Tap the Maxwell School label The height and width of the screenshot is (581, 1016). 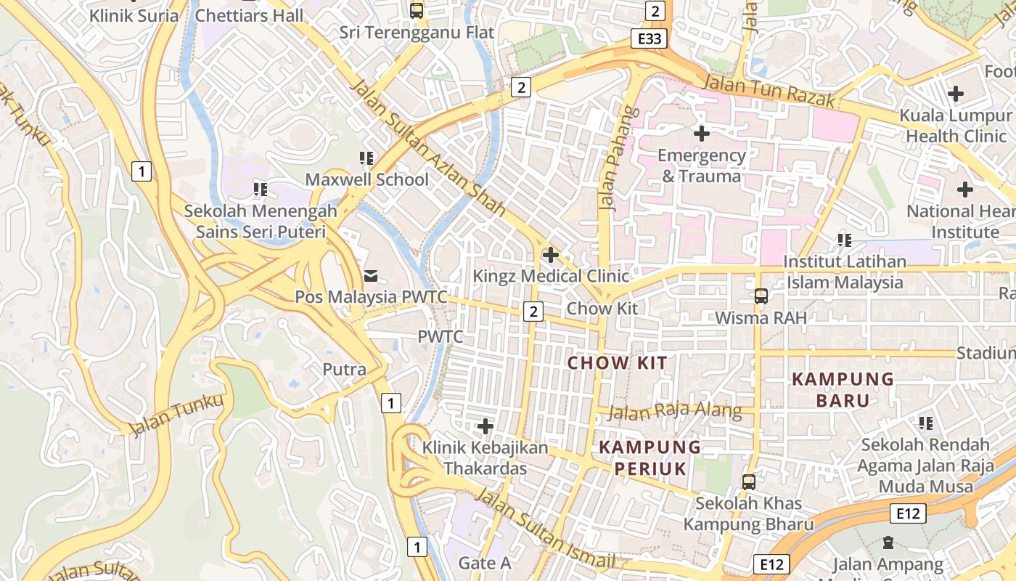point(366,179)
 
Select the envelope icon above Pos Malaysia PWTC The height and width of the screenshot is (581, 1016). point(371,275)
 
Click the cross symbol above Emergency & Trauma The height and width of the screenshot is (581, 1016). point(701,134)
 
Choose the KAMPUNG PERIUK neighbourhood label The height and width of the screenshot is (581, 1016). point(650,458)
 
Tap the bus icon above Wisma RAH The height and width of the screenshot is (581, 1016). point(761,296)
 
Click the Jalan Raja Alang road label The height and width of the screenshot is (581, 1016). point(675,412)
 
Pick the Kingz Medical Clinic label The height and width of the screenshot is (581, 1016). point(551,276)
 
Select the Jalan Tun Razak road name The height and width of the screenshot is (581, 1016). point(770,91)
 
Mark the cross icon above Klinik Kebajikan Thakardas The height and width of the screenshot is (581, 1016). point(486,426)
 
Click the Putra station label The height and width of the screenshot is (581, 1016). point(344,369)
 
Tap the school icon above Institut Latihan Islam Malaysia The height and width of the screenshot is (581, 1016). point(844,240)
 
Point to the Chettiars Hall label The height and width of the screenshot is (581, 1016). point(250,15)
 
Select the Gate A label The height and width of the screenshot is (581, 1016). point(485,563)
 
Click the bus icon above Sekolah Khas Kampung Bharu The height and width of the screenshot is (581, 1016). point(748,482)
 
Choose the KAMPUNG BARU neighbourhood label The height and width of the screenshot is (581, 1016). point(843,389)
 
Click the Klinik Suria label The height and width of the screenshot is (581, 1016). point(134,15)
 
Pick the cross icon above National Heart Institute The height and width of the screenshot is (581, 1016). point(964,190)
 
